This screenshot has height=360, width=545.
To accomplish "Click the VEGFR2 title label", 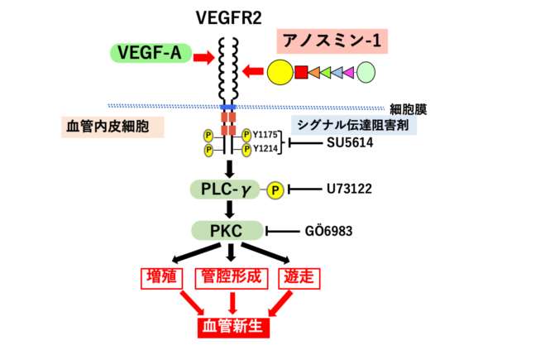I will coord(228,16).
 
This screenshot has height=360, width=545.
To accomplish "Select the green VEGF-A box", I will coord(148,54).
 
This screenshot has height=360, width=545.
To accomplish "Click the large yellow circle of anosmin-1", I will coord(280,73).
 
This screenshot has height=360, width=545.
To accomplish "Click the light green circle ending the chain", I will coord(366,73).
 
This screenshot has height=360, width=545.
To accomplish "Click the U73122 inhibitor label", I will coord(350,190).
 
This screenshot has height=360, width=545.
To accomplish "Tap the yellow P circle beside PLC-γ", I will coord(275,190).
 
